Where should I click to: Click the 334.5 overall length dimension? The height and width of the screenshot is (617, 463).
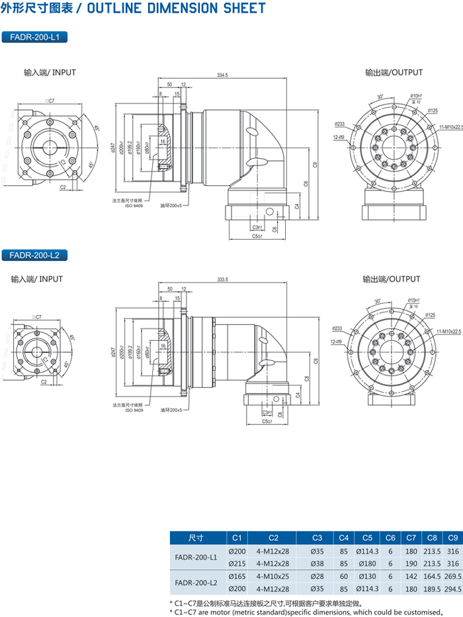click(x=222, y=75)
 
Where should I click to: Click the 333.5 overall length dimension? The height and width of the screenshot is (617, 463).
click(x=222, y=280)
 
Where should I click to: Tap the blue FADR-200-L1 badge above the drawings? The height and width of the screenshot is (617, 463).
click(x=35, y=38)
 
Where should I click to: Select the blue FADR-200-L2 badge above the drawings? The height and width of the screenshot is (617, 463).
click(x=35, y=254)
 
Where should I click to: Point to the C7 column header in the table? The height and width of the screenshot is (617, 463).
click(x=411, y=537)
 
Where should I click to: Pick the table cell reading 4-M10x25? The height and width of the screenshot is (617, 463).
click(x=274, y=575)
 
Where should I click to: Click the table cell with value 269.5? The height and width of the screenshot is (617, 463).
click(x=453, y=575)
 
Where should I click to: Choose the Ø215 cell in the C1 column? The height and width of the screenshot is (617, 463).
click(x=237, y=563)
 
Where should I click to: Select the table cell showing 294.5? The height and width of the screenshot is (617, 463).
click(x=453, y=588)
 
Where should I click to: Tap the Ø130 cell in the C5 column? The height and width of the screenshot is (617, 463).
click(x=367, y=575)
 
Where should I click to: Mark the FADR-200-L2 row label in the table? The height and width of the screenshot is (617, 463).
click(x=196, y=582)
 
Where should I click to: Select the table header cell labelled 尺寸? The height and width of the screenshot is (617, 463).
click(x=196, y=537)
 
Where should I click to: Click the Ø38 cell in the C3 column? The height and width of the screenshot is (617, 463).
click(x=317, y=563)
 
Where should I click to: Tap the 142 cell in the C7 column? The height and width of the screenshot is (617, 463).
click(x=411, y=575)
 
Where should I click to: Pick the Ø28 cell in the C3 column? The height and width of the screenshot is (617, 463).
click(x=317, y=575)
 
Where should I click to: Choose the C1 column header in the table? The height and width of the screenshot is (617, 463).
click(x=237, y=537)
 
